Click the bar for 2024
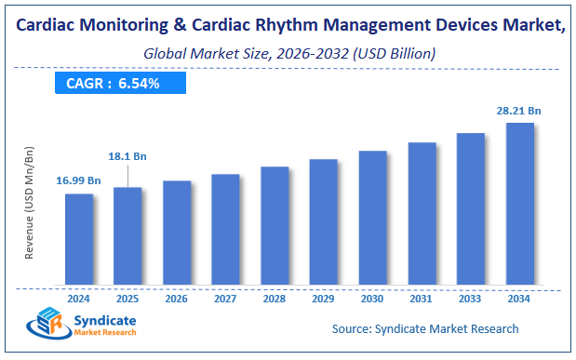coord(78,239)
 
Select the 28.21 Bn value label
coord(518,110)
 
